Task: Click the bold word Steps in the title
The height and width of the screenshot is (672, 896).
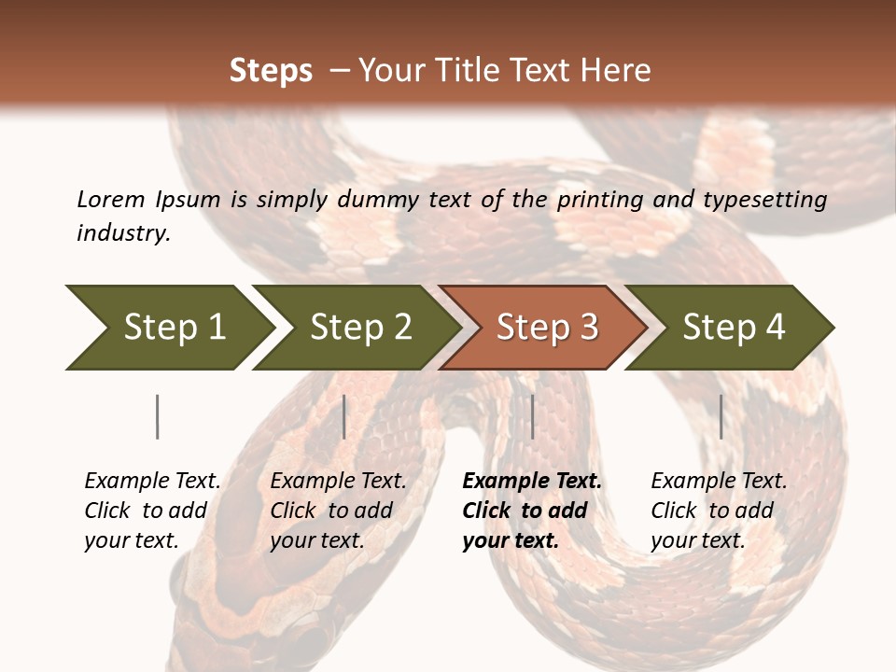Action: point(271,71)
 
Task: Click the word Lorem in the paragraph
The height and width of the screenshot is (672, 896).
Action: point(110,200)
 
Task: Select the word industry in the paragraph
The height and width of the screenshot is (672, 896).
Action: point(122,233)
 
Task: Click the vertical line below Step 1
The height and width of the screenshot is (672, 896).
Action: point(158,416)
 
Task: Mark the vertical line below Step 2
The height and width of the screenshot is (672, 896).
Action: point(344,416)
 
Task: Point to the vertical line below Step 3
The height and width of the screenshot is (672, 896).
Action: point(532,416)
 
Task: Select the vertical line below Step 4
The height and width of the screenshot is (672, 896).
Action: point(721,416)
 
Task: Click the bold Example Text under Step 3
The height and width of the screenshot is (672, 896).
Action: point(532,482)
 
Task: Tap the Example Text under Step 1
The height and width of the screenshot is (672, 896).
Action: point(152,482)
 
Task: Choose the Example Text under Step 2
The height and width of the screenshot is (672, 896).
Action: point(338,482)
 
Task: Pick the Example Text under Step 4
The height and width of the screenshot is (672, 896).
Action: point(719,482)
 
